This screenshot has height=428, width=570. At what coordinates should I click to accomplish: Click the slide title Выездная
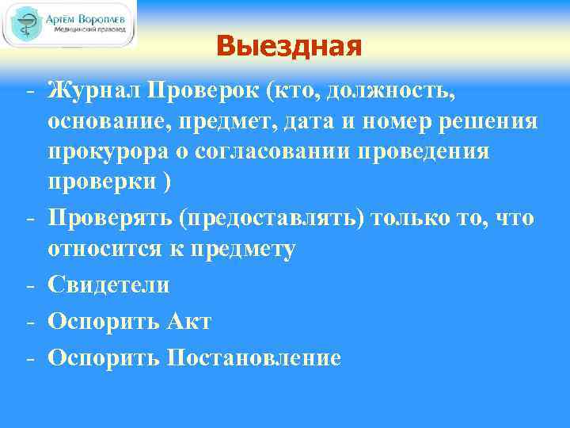pos(288,47)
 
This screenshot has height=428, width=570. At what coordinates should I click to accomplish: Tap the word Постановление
pos(253,357)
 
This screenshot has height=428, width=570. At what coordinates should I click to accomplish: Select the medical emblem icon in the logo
pos(25,25)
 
